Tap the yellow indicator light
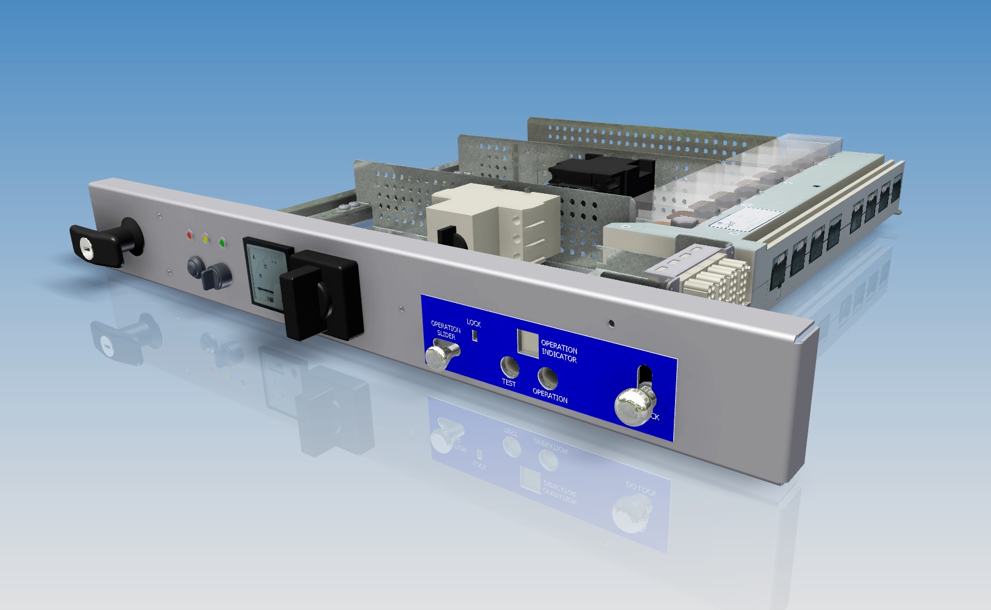pos(206,239)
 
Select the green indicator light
pos(222,243)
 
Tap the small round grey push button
pos(195,266)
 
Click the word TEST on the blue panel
pos(509,383)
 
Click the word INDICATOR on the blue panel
pos(559,357)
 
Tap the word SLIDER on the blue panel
pos(446,334)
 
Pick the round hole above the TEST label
pos(510,366)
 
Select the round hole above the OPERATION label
pos(548,377)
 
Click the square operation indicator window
pos(527,343)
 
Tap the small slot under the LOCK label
pos(475,336)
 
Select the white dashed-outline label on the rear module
pos(745,218)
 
